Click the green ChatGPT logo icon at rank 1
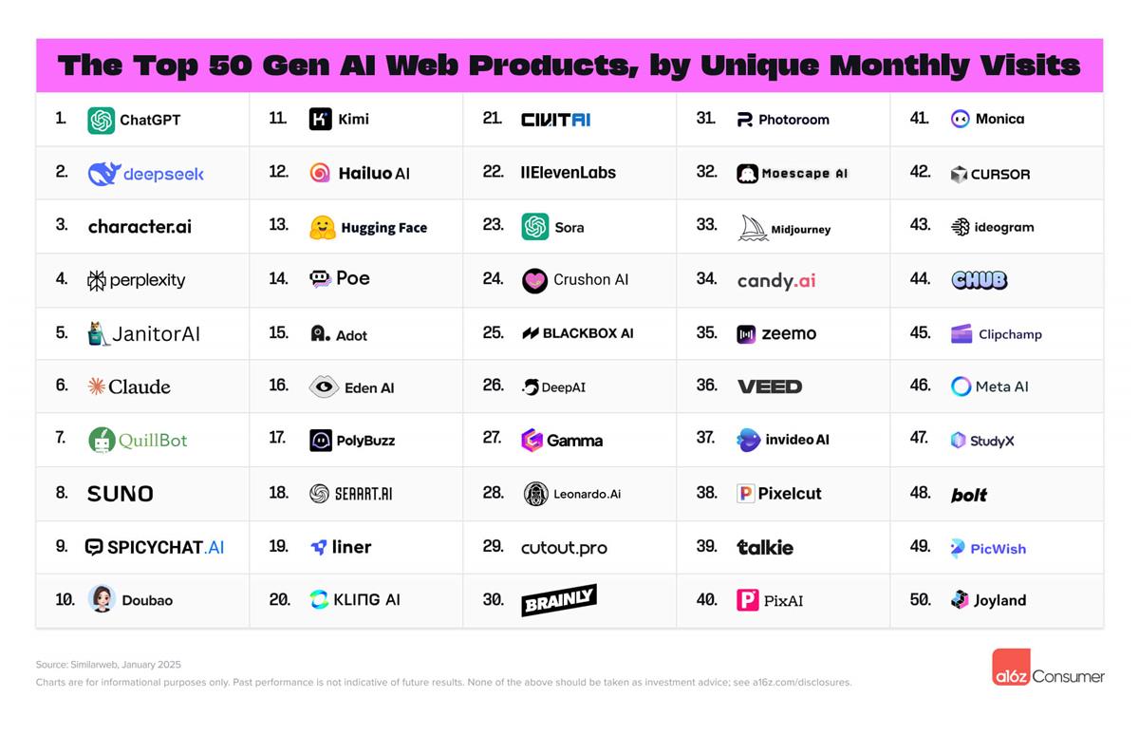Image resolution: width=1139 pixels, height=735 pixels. coord(101,121)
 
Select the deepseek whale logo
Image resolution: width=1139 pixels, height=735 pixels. coord(103,174)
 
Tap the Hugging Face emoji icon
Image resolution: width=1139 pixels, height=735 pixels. coord(323,227)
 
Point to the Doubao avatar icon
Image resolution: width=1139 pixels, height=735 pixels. coord(102,599)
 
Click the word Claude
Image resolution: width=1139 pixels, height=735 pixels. coord(140,386)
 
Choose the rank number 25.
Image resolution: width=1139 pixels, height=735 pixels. coord(493,332)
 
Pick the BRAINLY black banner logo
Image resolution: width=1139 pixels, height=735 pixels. coord(559,600)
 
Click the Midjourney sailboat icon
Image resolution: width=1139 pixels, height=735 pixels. coord(753,228)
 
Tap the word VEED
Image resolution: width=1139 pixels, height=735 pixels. coord(770,386)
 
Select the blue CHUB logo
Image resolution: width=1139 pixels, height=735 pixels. coord(979,280)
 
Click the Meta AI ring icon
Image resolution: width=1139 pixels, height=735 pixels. coord(961,386)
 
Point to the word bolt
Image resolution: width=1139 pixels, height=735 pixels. coord(969,495)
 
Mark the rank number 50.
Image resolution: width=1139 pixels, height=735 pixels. coord(920,599)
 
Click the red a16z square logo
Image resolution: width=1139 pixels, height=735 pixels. coord(1010,668)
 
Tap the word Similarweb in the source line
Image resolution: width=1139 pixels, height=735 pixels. coord(98,665)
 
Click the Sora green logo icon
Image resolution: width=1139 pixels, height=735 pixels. coord(535,227)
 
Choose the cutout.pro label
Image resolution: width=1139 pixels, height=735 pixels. coord(564,547)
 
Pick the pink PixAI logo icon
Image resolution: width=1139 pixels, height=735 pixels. coord(748,600)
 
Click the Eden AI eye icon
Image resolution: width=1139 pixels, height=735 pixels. coord(324,386)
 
